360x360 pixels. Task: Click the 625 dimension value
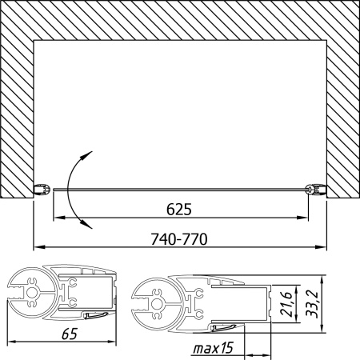[x=179, y=210]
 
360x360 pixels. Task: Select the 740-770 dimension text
[x=179, y=239]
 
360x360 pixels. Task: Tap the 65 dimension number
[x=70, y=334]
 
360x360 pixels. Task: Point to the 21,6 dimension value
[x=287, y=304]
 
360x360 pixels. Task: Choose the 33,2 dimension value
[x=312, y=304]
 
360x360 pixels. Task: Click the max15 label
[x=214, y=348]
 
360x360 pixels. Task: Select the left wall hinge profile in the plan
[x=42, y=190]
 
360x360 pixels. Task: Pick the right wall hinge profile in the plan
[x=316, y=190]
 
